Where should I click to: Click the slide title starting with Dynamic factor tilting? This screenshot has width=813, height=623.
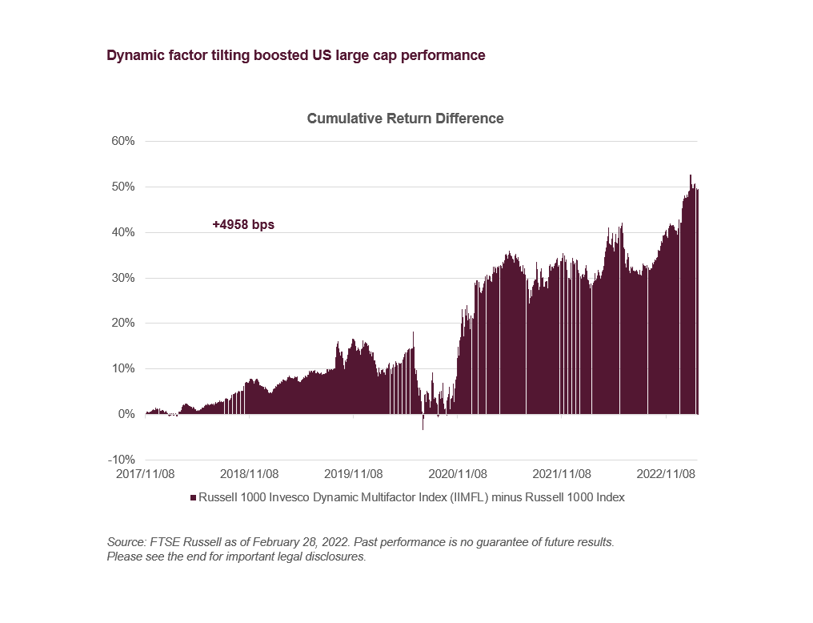click(295, 55)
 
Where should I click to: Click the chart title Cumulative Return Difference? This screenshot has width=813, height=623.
click(405, 119)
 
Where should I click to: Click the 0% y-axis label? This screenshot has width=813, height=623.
click(126, 415)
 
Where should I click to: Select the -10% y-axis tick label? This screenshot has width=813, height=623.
click(121, 460)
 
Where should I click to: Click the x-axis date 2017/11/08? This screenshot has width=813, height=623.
click(146, 474)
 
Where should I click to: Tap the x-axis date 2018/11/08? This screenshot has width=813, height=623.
click(249, 474)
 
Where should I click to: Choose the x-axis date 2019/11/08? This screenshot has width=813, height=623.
click(354, 474)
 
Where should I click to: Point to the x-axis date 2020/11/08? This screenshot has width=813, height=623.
click(458, 474)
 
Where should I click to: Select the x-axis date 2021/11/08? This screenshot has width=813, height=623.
click(562, 474)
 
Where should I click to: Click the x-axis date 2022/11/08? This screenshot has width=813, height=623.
click(666, 474)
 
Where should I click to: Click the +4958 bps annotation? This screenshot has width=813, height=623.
click(243, 225)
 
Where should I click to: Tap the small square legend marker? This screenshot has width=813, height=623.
click(193, 497)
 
